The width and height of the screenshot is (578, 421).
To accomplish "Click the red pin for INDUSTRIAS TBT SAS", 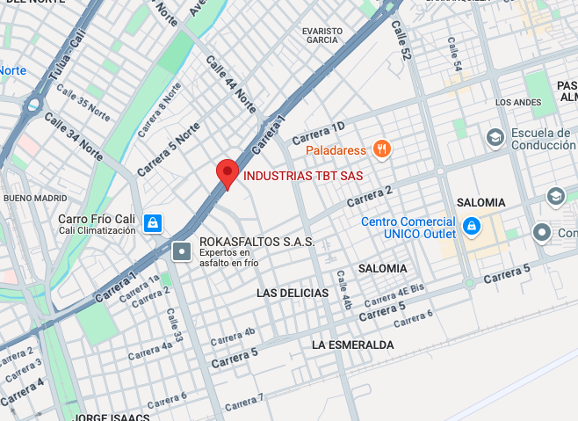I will pos(228,173).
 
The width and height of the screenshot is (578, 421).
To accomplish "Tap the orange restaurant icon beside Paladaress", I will pos(380,149).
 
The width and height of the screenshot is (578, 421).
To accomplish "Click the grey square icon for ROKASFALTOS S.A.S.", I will pos(182,251).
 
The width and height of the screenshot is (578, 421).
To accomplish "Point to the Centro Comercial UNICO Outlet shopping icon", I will pos(471,227).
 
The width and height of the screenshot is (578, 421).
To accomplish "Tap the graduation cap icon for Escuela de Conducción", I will pos(495,137).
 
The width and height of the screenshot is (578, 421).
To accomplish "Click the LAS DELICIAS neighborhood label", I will pos(293,293).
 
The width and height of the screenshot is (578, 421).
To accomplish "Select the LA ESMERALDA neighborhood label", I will pos(352,345).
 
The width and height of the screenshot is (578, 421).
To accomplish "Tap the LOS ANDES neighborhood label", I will pos(518,103).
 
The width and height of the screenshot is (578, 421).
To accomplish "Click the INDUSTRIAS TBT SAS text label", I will pos(303,176).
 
